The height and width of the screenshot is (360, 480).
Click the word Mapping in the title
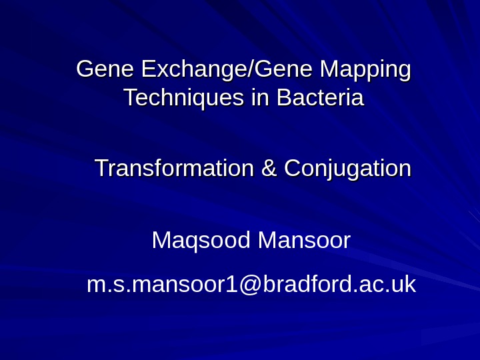pyautogui.click(x=365, y=69)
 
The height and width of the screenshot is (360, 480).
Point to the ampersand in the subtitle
pyautogui.click(x=269, y=168)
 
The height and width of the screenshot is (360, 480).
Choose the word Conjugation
pyautogui.click(x=347, y=168)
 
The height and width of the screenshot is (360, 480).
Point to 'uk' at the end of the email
pyautogui.click(x=403, y=285)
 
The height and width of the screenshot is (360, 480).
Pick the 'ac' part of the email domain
pyautogui.click(x=369, y=285)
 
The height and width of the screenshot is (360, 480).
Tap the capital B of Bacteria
pyautogui.click(x=283, y=99)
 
